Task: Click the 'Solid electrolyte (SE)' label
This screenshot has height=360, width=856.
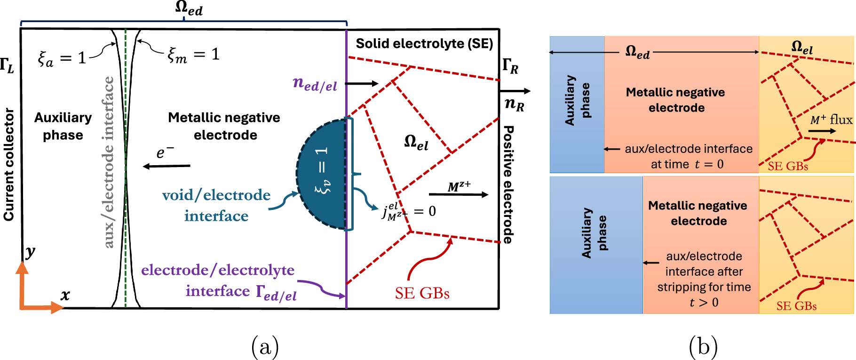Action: click(x=424, y=44)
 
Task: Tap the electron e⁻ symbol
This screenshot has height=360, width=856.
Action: click(x=165, y=152)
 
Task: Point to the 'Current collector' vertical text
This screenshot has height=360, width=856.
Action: click(x=9, y=164)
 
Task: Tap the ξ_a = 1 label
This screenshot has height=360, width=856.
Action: click(x=62, y=58)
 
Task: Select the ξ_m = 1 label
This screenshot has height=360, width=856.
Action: click(x=194, y=55)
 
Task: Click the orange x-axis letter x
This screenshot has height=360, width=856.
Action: click(x=65, y=295)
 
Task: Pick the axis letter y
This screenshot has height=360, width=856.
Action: click(x=30, y=252)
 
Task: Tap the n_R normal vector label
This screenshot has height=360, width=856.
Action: click(x=514, y=104)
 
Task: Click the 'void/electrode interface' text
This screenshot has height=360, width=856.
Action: click(x=216, y=205)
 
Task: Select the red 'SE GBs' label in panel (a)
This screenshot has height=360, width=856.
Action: click(x=422, y=294)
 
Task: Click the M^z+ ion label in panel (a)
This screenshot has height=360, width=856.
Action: click(x=459, y=187)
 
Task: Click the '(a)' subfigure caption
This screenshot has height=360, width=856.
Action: click(x=265, y=347)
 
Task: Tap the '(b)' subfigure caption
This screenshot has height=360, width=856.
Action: click(x=703, y=347)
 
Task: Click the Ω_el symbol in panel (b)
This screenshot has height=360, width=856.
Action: click(x=802, y=48)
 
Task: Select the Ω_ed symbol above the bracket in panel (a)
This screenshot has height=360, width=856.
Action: click(x=189, y=8)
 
